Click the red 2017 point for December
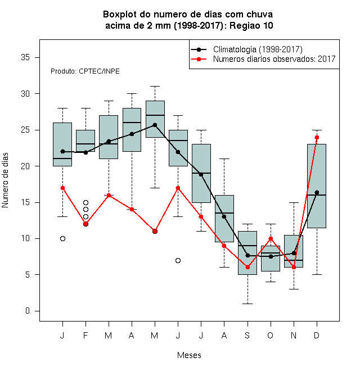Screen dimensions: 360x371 tap(317, 138)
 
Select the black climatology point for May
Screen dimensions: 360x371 tap(155, 125)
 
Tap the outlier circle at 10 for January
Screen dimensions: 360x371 tap(62, 238)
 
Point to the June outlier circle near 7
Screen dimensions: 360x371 tap(178, 260)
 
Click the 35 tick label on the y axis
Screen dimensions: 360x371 tap(25, 57)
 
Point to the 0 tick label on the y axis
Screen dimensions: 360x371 tap(28, 311)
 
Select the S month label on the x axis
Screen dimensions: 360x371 tap(247, 335)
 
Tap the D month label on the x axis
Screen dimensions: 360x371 tap(317, 335)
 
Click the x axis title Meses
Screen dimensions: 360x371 tap(189, 355)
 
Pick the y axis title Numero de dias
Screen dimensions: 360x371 tap(5, 180)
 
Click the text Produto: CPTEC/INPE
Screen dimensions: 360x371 tap(85, 71)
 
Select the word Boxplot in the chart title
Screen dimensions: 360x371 tap(120, 15)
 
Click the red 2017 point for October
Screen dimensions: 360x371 tap(271, 238)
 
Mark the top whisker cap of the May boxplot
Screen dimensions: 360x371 tap(155, 87)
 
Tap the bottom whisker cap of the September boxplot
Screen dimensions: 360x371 tap(247, 304)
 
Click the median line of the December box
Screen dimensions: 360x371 tap(317, 195)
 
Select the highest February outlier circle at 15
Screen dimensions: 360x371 tap(85, 202)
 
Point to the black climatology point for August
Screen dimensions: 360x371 tap(224, 216)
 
